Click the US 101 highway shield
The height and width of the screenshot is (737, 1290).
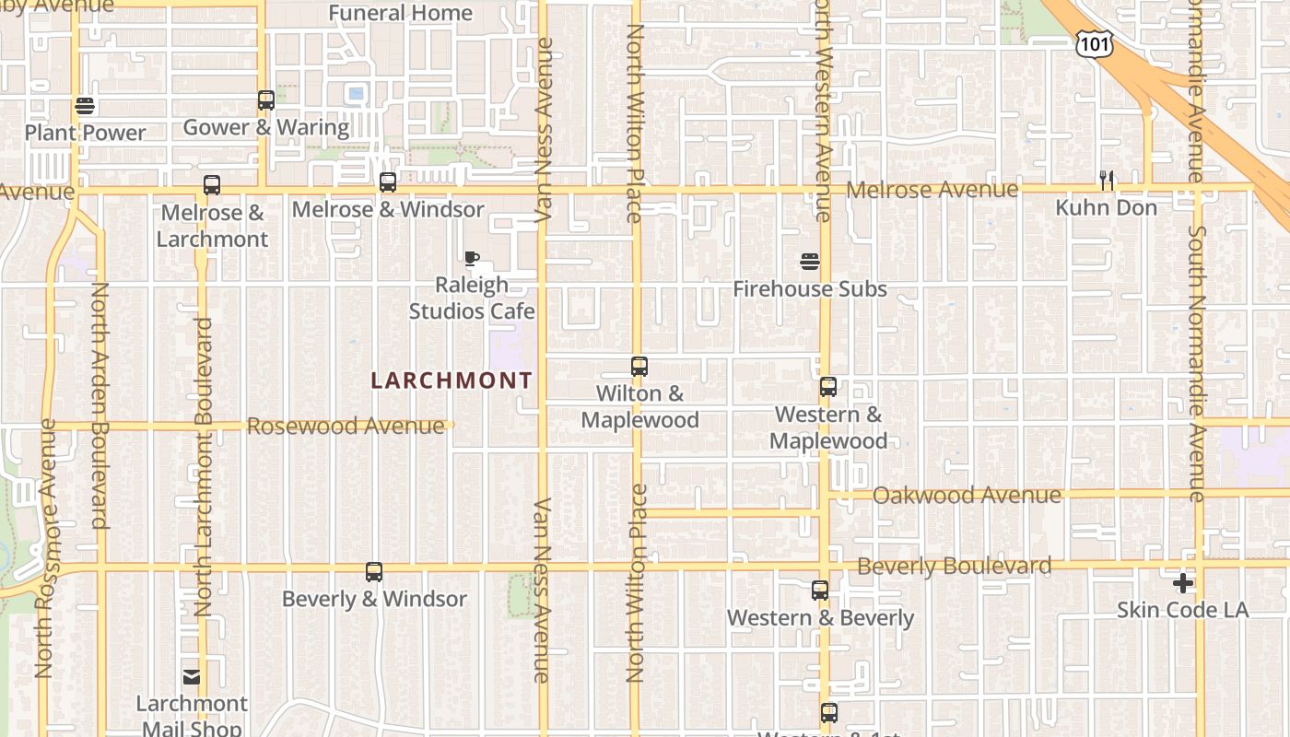[x=1094, y=42]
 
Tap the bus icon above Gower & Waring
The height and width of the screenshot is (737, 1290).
[x=266, y=100]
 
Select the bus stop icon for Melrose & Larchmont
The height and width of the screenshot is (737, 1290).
[x=212, y=185]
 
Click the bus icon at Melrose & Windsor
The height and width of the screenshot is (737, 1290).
[x=388, y=182]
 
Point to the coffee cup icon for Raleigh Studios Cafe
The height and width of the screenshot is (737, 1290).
[x=472, y=258]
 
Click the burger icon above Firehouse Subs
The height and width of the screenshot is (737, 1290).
[x=810, y=262]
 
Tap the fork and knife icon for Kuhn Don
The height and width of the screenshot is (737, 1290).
[x=1107, y=181]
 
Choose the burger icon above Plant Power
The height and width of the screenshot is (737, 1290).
[x=85, y=106]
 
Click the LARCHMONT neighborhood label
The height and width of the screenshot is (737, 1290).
[x=451, y=380]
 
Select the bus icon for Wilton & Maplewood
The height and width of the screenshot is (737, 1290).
[x=639, y=367]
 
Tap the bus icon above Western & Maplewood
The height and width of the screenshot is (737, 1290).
[x=828, y=387]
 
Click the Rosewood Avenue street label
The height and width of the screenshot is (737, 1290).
[x=346, y=426]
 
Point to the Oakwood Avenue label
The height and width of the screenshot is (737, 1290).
[x=967, y=496]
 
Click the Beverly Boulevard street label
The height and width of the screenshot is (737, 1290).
[x=954, y=566]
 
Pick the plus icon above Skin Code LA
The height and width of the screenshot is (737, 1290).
[x=1183, y=583]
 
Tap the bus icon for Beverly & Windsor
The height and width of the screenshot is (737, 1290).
[x=374, y=572]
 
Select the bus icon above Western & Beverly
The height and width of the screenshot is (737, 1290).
[x=820, y=591]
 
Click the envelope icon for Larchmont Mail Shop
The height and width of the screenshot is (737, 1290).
[x=192, y=677]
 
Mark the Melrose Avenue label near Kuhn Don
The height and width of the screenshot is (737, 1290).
[x=932, y=190]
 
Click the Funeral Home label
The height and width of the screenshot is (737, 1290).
[x=400, y=13]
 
